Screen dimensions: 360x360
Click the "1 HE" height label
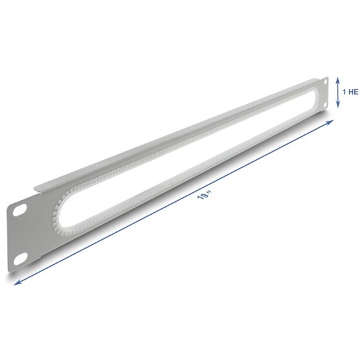(350, 92)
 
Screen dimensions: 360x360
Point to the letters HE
(354, 92)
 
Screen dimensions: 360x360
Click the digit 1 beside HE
(345, 92)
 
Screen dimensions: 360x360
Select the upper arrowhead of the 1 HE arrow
(337, 80)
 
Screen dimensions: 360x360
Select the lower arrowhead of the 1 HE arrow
(337, 105)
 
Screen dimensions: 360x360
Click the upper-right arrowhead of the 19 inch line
(330, 122)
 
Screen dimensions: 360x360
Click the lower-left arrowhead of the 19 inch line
(17, 283)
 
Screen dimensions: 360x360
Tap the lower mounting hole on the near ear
(21, 258)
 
